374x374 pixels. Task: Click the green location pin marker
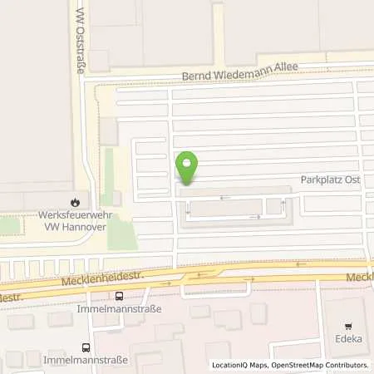point(187,167)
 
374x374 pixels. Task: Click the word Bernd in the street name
point(199,79)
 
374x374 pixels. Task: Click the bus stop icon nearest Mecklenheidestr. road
point(120,295)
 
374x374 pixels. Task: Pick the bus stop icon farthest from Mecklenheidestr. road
point(85,347)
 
